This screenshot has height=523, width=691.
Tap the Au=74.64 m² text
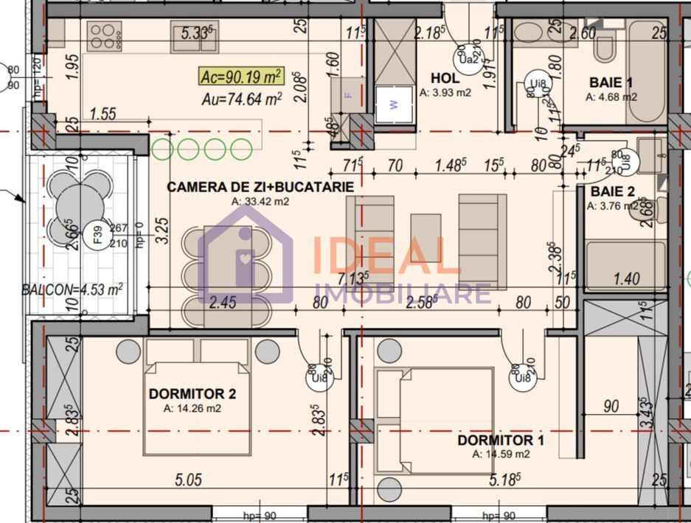(241, 99)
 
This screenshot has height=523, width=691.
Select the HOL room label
(445, 78)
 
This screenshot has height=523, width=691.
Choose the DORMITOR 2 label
(192, 394)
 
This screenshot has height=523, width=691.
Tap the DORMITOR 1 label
(501, 440)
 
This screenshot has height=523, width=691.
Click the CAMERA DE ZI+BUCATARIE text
(260, 187)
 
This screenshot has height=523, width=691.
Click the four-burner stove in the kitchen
(105, 35)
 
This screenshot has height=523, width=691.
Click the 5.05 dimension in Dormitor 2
(190, 480)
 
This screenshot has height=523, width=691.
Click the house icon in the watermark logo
(246, 254)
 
